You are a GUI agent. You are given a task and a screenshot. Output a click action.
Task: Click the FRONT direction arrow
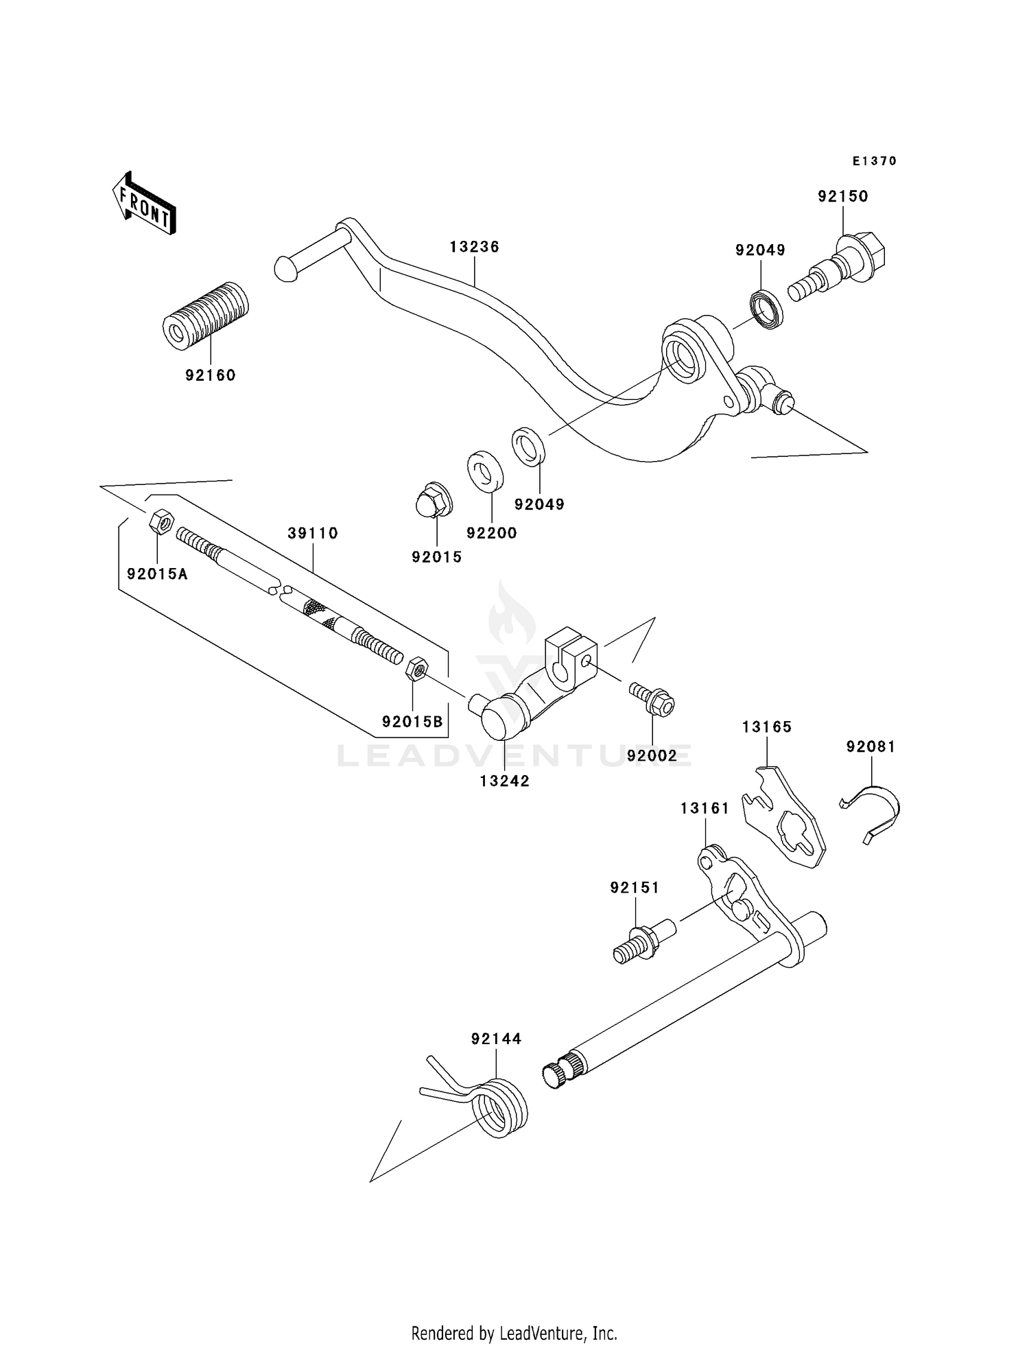(143, 204)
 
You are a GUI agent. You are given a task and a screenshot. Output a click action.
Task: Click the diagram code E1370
(874, 161)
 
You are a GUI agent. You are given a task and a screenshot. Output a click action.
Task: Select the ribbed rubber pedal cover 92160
(205, 316)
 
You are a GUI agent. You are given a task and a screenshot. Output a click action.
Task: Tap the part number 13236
(474, 247)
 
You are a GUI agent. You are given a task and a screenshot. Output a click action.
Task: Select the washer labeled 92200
(485, 471)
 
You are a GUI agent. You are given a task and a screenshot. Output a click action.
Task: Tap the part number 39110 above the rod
(313, 533)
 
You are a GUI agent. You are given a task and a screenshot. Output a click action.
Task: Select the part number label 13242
(504, 781)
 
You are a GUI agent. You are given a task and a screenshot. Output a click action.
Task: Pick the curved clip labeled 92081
(875, 812)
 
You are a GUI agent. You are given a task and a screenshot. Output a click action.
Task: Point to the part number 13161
(705, 809)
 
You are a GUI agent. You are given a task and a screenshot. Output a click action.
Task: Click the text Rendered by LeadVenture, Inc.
(514, 1333)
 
